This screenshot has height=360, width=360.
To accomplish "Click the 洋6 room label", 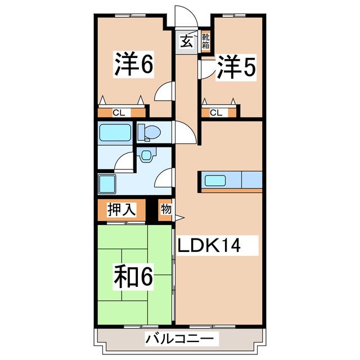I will [x=134, y=65].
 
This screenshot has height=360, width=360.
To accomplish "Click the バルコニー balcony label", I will [x=179, y=339].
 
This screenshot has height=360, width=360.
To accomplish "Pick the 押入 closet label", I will [x=122, y=210].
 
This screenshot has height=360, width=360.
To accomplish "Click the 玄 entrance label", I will [x=187, y=40].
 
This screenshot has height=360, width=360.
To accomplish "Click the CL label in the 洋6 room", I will [x=118, y=112].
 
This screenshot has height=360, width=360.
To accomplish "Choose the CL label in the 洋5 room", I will [x=216, y=112].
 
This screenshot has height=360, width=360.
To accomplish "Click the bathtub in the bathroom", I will [x=115, y=133].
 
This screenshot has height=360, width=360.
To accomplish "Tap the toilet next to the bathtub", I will [x=149, y=132].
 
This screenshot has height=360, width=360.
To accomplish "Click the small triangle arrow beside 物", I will [x=180, y=218].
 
